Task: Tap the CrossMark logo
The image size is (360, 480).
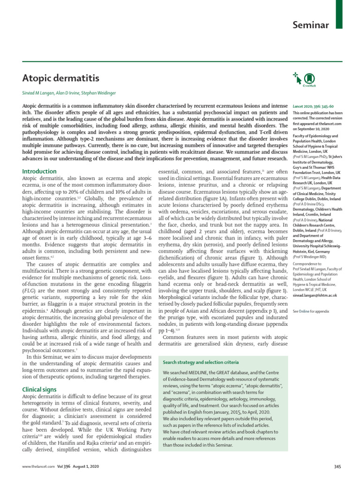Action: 308,80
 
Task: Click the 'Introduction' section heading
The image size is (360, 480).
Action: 40,172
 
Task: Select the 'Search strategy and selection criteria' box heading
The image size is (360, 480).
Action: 194,363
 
